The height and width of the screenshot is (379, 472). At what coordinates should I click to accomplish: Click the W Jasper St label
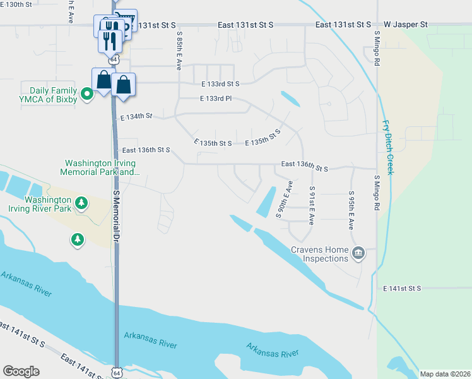(405, 25)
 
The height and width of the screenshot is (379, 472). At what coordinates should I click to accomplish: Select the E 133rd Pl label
(216, 99)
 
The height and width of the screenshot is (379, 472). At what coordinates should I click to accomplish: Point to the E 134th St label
(136, 117)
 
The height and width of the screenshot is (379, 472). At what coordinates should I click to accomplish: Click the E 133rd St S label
(221, 83)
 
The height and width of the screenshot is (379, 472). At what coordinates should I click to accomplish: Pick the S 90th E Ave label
(285, 199)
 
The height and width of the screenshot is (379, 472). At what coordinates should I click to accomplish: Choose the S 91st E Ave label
(312, 206)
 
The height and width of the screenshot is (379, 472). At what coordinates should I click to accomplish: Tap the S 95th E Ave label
(351, 210)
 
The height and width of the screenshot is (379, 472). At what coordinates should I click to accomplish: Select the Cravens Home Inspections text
(321, 254)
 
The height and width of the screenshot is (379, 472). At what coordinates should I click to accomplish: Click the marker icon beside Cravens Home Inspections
(358, 253)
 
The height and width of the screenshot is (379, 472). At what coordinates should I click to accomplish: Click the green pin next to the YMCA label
(88, 94)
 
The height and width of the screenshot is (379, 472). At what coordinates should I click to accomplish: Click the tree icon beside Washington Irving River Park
(81, 203)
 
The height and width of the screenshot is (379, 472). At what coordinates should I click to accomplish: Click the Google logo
(21, 371)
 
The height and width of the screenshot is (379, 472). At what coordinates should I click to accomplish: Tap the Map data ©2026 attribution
(445, 374)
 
